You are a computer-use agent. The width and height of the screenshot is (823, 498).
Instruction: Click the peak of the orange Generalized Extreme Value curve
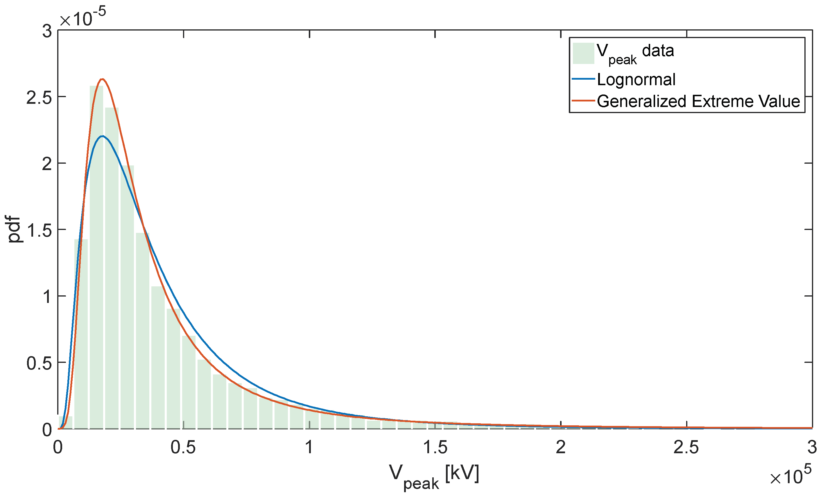(103, 79)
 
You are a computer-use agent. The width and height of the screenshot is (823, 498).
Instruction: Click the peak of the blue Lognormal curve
(103, 136)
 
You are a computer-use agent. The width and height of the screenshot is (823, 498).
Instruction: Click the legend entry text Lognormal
(636, 80)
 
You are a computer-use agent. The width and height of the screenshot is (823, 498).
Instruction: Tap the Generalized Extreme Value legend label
(698, 101)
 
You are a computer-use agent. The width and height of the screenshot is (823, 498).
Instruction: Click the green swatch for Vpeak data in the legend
(583, 53)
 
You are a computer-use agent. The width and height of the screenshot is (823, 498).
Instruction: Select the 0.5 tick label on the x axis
(183, 447)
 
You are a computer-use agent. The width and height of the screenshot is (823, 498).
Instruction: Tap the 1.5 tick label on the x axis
(435, 447)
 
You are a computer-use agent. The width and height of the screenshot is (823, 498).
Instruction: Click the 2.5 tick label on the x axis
(686, 447)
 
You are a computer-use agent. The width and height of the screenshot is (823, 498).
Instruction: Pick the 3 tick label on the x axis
(812, 447)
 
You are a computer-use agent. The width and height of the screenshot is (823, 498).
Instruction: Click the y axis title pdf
(14, 229)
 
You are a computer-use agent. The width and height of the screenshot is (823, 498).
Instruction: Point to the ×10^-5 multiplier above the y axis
(83, 17)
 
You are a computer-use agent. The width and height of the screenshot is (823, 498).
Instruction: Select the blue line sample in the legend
(583, 79)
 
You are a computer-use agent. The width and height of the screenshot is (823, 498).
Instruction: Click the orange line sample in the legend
(583, 101)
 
